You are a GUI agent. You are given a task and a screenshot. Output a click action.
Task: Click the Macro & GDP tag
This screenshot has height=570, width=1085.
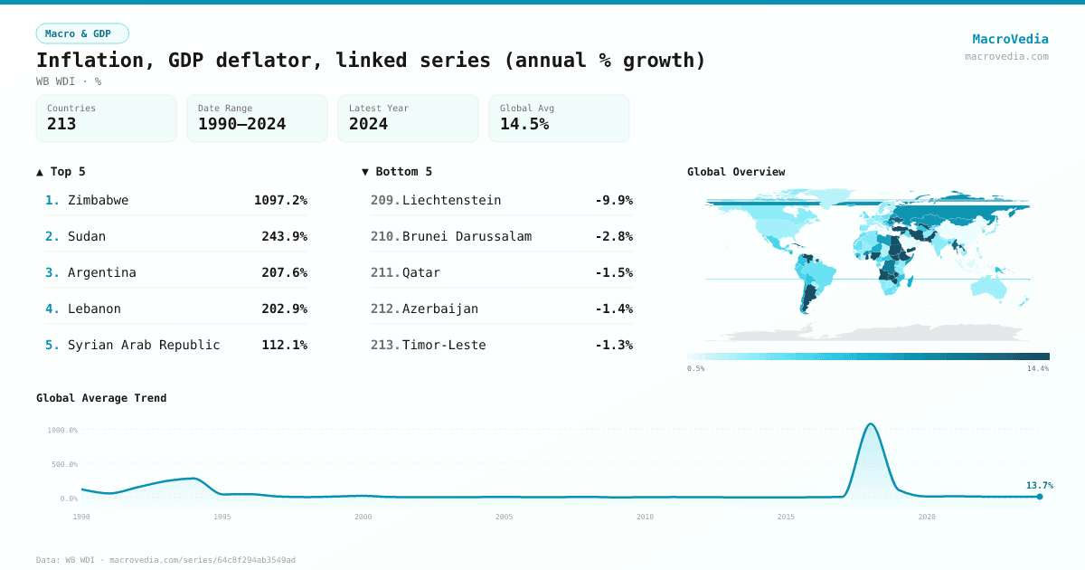tap(82, 33)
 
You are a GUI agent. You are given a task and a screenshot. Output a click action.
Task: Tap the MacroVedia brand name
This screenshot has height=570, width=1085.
tap(1010, 39)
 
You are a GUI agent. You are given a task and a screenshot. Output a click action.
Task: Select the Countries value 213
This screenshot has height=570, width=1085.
tap(61, 124)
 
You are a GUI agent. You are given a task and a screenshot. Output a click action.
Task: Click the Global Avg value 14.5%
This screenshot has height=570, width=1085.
tap(524, 124)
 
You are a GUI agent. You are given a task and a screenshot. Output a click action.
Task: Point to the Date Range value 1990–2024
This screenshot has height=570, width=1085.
tap(241, 124)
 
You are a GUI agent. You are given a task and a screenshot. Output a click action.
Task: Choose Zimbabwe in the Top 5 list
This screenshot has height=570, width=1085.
tap(98, 200)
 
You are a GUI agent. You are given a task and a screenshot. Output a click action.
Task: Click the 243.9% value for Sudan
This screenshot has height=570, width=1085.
tap(284, 236)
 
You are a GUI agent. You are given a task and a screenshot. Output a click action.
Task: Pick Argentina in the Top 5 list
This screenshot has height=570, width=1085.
tap(102, 272)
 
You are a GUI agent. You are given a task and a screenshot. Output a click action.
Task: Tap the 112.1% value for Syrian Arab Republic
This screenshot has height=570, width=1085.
tap(284, 345)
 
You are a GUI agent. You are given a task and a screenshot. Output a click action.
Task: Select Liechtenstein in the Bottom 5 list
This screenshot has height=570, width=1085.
tap(451, 200)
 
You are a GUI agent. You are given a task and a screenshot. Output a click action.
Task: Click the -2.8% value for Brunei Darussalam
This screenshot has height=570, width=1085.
tap(613, 236)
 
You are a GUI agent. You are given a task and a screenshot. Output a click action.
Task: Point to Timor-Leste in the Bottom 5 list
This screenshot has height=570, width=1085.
tap(444, 345)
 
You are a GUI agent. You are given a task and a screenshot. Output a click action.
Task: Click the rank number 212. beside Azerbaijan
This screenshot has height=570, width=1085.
tap(385, 309)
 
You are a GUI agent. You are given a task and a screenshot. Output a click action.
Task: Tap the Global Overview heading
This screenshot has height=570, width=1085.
tap(736, 172)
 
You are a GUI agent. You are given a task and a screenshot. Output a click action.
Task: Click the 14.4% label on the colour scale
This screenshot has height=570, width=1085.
tap(1037, 369)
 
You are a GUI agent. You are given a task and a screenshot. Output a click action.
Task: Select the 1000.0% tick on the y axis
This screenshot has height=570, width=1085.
tap(62, 431)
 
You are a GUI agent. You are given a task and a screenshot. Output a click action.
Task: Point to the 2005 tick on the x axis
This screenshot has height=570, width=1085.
tap(504, 517)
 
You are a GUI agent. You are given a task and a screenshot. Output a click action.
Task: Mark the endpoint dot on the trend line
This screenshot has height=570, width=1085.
tap(1040, 497)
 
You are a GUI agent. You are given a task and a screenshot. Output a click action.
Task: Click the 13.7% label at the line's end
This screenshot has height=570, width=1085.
tap(1039, 486)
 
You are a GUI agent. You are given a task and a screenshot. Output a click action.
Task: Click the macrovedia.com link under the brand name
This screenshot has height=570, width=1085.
tap(1006, 56)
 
